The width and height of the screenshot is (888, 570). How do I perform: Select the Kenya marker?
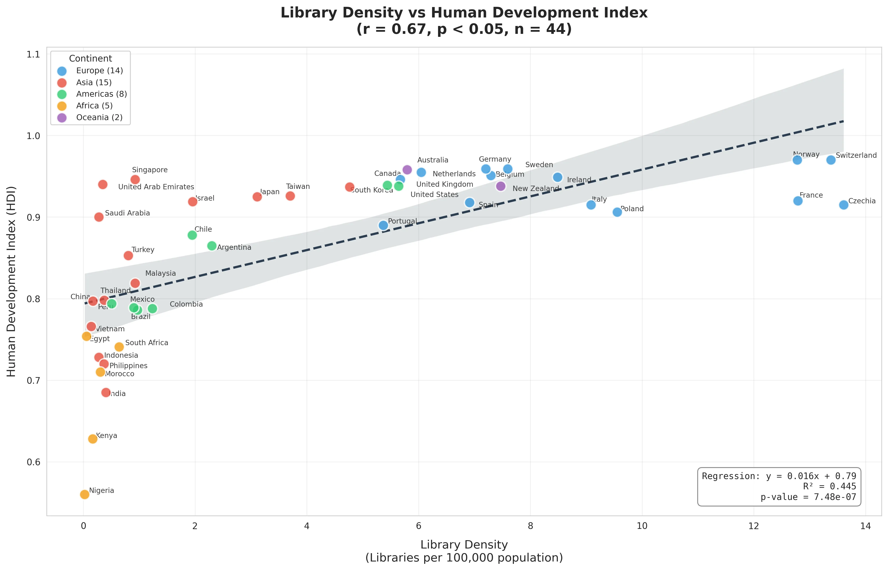click(x=93, y=439)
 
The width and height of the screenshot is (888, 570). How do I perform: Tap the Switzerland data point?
click(x=831, y=160)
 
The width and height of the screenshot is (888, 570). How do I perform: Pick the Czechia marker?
click(x=843, y=205)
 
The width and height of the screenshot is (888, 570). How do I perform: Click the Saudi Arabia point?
click(x=99, y=217)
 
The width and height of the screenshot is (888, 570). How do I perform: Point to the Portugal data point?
click(x=383, y=225)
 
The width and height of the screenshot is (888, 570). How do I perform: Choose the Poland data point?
click(x=617, y=212)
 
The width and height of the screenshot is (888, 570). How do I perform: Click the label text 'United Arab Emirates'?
click(x=156, y=187)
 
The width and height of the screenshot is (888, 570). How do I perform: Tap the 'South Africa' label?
click(x=147, y=343)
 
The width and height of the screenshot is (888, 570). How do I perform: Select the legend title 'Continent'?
click(x=90, y=59)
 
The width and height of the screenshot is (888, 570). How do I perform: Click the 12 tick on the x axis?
click(x=754, y=526)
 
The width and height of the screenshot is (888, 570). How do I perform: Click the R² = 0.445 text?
click(x=829, y=486)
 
